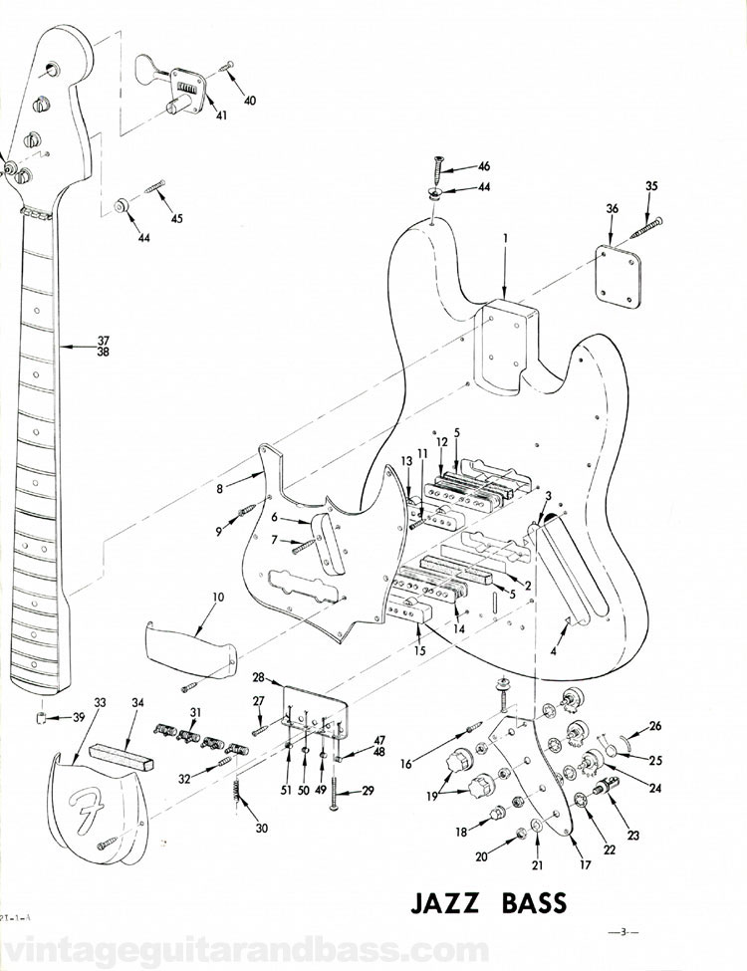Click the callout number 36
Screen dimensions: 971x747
[613, 208]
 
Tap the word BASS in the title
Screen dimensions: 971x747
[530, 904]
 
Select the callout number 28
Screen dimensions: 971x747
[259, 677]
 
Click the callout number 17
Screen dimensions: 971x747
[586, 865]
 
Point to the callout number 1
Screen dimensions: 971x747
[505, 239]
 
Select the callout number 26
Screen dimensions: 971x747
[655, 725]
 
